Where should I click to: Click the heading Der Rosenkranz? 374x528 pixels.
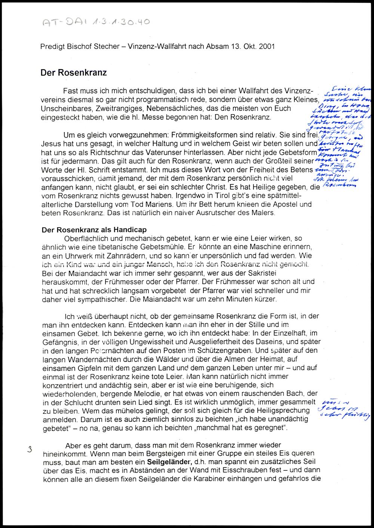73,72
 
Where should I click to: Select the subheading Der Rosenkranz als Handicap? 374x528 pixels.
94,230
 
